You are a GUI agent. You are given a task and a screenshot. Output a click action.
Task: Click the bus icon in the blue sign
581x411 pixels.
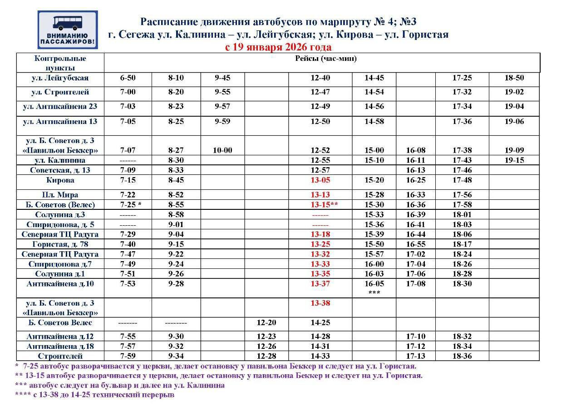pos(67,23)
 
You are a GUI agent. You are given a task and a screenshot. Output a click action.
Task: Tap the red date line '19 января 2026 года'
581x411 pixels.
pos(278,47)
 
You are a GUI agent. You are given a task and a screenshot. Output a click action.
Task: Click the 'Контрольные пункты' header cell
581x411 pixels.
pos(60,63)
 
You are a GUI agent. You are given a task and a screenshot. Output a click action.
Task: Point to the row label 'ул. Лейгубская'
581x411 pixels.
pos(60,78)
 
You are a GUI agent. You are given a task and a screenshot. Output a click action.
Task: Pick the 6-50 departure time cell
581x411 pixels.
pos(128,78)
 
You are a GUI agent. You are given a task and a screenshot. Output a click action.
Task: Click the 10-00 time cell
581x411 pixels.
pos(222,150)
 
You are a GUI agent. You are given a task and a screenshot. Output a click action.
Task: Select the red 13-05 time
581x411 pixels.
pos(320,180)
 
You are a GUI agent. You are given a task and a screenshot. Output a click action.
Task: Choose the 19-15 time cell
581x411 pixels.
pos(514,160)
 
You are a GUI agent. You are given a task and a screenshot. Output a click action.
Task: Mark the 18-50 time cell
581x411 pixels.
pos(514,78)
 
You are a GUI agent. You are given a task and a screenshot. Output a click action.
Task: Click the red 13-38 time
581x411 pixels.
pos(320,303)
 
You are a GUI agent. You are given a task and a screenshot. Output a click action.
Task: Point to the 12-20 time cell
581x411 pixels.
pos(266,323)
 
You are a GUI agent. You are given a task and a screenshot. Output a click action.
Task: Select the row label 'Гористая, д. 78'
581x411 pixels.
pos(60,244)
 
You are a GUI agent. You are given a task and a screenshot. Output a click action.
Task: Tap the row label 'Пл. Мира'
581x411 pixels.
pos(60,195)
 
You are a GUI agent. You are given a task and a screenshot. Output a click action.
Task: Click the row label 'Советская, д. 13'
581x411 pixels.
pos(60,170)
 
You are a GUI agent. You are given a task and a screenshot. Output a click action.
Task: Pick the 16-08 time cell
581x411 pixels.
pos(416,150)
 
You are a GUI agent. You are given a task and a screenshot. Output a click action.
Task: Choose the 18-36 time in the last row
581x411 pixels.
pos(462,356)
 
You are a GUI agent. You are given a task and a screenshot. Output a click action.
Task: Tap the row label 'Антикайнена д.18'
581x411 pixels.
pos(60,347)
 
